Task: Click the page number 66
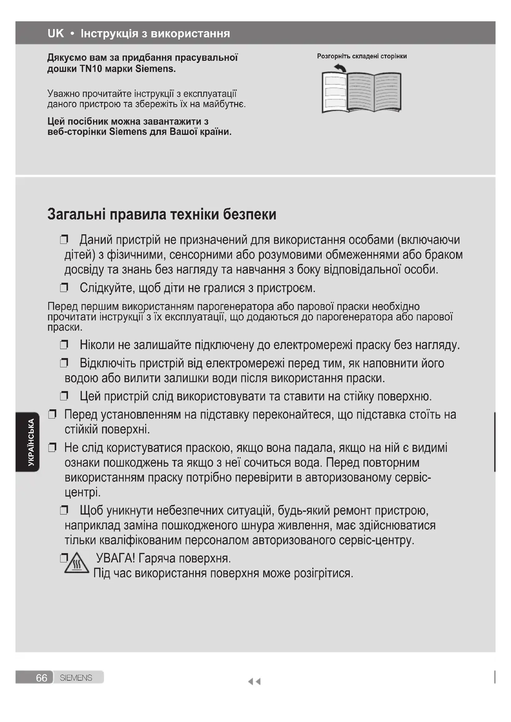point(41,678)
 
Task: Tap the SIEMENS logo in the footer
point(76,678)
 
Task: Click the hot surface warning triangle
point(77,564)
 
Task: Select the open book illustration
point(361,92)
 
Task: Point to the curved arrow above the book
point(340,68)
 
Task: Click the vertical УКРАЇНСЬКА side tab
point(31,442)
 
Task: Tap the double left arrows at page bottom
point(254,682)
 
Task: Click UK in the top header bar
point(56,33)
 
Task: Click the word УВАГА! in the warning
point(116,558)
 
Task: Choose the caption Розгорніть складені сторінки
point(362,56)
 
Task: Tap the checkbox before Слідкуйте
point(64,287)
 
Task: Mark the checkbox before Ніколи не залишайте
point(64,345)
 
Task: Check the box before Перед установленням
point(52,415)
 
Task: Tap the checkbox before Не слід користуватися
point(52,447)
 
